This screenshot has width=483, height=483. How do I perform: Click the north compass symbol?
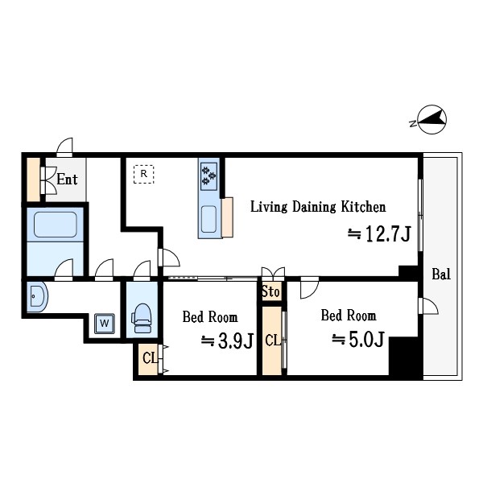point(431,119)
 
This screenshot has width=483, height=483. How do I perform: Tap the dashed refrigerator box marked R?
point(143,174)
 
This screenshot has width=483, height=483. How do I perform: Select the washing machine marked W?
point(105,324)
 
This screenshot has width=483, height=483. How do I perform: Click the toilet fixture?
point(142,319)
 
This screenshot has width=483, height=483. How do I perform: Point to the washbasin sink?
point(37,296)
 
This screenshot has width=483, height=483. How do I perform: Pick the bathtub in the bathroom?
point(55,225)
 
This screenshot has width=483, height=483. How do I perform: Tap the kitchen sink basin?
point(208,219)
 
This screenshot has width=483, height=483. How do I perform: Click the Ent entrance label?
point(67,180)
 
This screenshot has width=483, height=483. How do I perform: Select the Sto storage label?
point(270,291)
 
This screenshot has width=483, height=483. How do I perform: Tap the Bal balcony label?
point(441,274)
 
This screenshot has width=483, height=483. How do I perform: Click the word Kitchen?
point(363,207)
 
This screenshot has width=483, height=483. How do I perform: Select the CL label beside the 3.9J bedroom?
point(150,358)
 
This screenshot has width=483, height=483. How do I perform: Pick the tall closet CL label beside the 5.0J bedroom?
point(273,341)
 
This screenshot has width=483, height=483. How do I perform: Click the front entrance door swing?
point(64,146)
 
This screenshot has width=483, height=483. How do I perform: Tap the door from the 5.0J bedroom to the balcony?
point(428,306)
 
